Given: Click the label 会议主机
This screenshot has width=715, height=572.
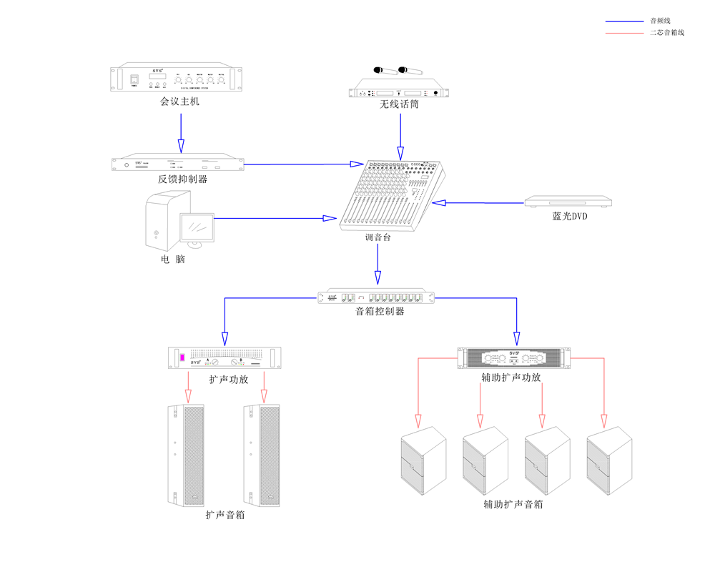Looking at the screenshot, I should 180,102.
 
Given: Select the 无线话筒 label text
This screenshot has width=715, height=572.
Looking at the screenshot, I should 399,104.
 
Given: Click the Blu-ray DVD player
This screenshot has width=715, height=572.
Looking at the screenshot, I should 569,202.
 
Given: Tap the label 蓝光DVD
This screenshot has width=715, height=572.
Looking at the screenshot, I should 569,216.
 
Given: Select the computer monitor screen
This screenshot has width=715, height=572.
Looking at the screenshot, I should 197,228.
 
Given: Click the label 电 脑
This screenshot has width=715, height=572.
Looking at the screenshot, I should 172,260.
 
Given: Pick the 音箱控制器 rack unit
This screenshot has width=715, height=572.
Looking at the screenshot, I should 376,297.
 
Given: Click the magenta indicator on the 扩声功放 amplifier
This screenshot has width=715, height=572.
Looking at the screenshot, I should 182,357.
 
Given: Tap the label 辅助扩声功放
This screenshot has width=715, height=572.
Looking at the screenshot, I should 511,378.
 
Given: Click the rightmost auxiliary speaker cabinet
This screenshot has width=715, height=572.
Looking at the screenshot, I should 609,461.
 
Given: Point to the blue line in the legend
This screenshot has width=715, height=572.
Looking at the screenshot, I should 623,21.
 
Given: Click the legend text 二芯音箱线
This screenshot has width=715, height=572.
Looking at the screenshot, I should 666,33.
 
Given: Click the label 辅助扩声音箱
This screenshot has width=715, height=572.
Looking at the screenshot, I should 513,504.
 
